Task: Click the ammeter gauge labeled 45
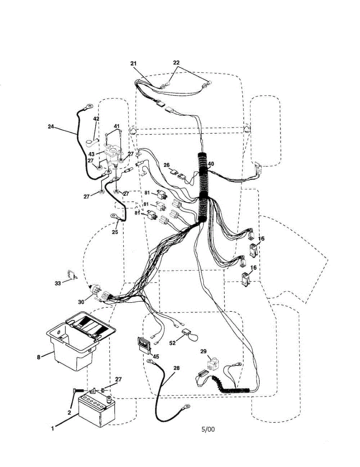point(144,345)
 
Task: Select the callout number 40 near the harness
point(211,164)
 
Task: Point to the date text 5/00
point(207,430)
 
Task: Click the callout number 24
point(51,126)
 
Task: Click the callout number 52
point(172,342)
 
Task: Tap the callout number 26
point(167,165)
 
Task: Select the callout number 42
point(96,119)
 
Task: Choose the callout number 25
point(114,232)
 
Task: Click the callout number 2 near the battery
point(69,412)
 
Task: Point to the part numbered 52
point(186,333)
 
